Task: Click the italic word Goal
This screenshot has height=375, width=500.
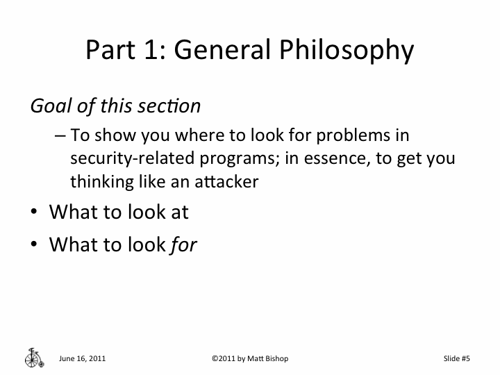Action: (48, 106)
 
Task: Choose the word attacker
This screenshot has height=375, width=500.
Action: (225, 181)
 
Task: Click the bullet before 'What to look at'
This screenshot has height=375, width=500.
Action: (34, 212)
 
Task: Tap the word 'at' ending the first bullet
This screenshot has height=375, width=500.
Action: (179, 212)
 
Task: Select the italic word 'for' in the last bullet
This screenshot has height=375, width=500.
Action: (183, 245)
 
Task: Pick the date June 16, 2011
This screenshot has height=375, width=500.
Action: (83, 358)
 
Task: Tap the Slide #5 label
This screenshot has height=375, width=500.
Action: (456, 358)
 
